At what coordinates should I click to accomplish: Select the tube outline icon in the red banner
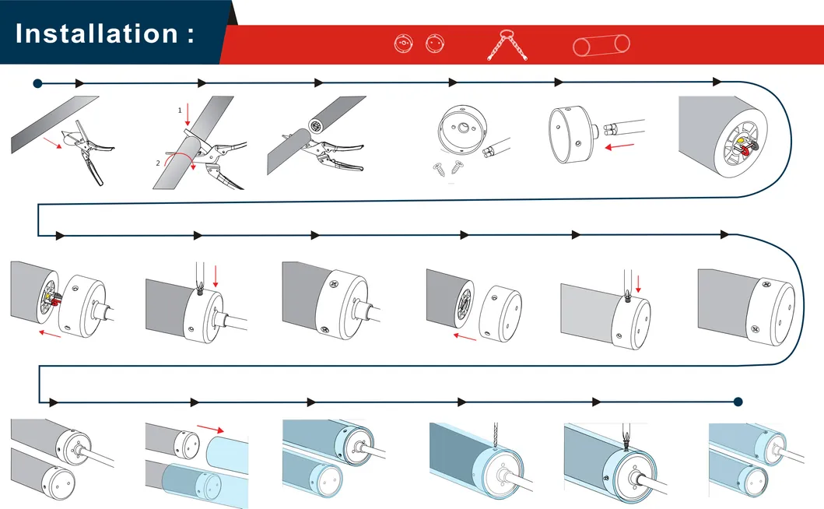pyautogui.click(x=602, y=44)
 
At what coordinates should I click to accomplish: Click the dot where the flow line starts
pyautogui.click(x=37, y=82)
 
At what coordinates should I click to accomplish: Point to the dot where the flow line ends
pyautogui.click(x=738, y=402)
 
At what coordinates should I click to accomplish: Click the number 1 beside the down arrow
pyautogui.click(x=180, y=111)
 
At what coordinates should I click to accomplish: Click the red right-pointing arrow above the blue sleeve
pyautogui.click(x=211, y=428)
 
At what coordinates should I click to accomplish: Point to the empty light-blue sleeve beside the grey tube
pyautogui.click(x=228, y=451)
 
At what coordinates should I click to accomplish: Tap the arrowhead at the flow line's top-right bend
pyautogui.click(x=717, y=82)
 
